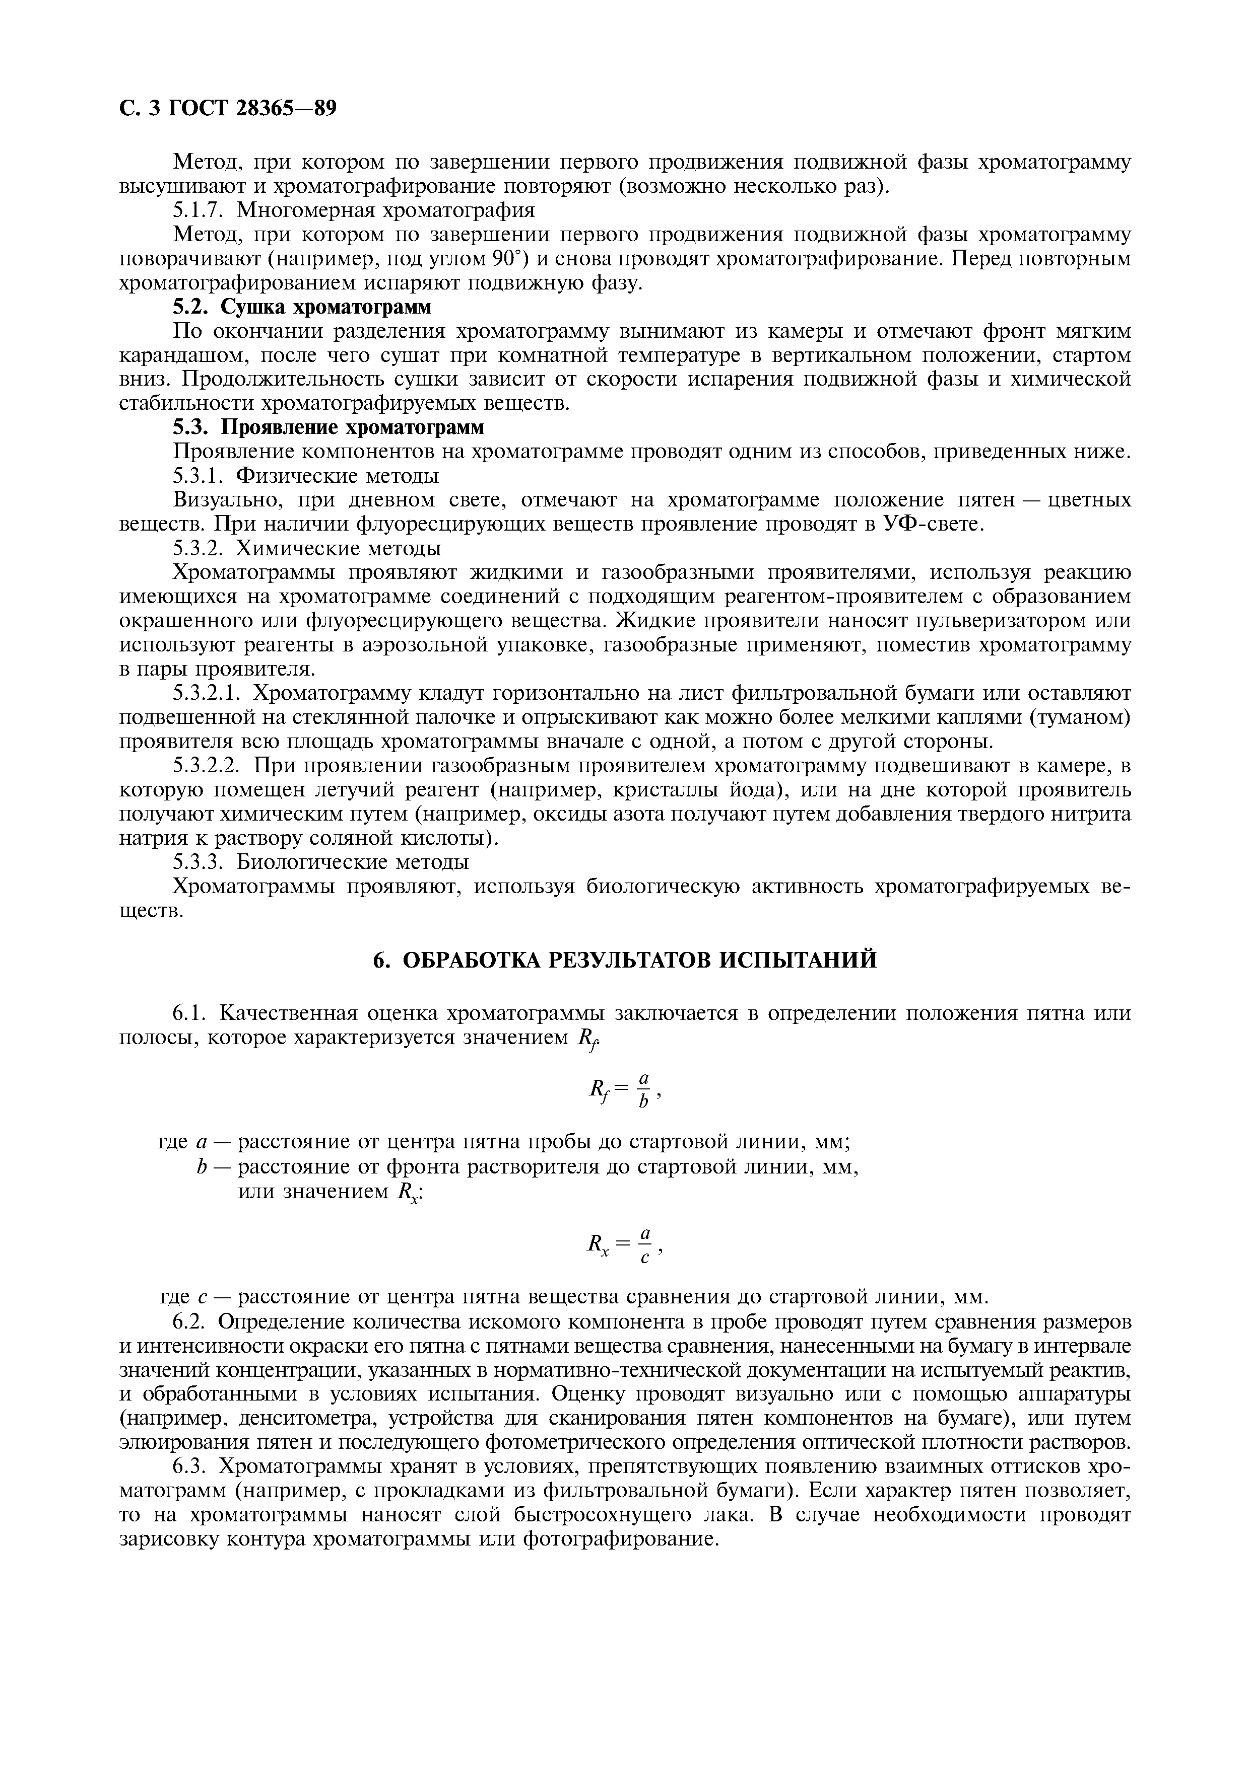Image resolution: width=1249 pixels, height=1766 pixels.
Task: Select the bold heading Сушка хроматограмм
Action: pos(326,307)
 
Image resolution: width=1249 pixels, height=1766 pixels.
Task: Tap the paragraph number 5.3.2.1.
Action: pos(208,694)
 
